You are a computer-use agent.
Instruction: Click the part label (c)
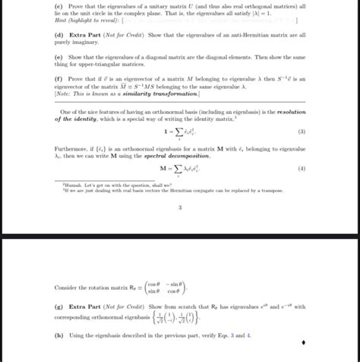pyautogui.click(x=59, y=7)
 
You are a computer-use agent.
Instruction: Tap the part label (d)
pyautogui.click(x=59, y=35)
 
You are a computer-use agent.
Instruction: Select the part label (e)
pyautogui.click(x=59, y=56)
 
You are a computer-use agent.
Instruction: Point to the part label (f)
pyautogui.click(x=59, y=78)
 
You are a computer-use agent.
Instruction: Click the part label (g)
pyautogui.click(x=60, y=307)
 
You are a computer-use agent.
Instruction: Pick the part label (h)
pyautogui.click(x=60, y=335)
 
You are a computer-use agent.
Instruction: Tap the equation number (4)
pyautogui.click(x=301, y=169)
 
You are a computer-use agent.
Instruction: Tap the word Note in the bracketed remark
pyautogui.click(x=65, y=93)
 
